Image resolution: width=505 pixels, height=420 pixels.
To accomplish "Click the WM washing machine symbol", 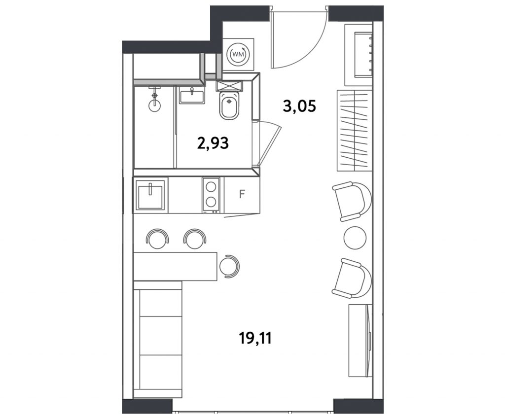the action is click(238, 54).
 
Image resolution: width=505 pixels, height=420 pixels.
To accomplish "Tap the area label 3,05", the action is click(299, 106).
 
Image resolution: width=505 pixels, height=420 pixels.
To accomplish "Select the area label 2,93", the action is click(213, 143).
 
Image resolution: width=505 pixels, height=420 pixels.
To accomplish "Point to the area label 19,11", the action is click(255, 338).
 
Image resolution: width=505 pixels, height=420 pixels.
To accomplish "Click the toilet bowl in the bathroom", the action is click(229, 105).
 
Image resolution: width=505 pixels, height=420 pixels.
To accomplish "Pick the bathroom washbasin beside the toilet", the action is click(192, 96).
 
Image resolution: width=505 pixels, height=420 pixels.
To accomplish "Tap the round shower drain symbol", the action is click(154, 105).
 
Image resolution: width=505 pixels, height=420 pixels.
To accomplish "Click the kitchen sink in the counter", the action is click(150, 195).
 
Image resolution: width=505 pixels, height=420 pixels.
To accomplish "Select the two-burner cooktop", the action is click(211, 195).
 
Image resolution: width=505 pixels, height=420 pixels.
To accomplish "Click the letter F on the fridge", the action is click(242, 194).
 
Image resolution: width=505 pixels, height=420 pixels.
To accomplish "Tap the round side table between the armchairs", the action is click(355, 238).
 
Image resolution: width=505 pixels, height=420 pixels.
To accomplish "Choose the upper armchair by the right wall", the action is click(352, 202).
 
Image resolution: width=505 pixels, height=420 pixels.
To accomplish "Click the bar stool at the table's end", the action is click(229, 266).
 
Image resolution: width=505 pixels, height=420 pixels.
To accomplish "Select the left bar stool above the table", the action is click(157, 239).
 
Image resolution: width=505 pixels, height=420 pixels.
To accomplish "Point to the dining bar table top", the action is click(176, 266).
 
